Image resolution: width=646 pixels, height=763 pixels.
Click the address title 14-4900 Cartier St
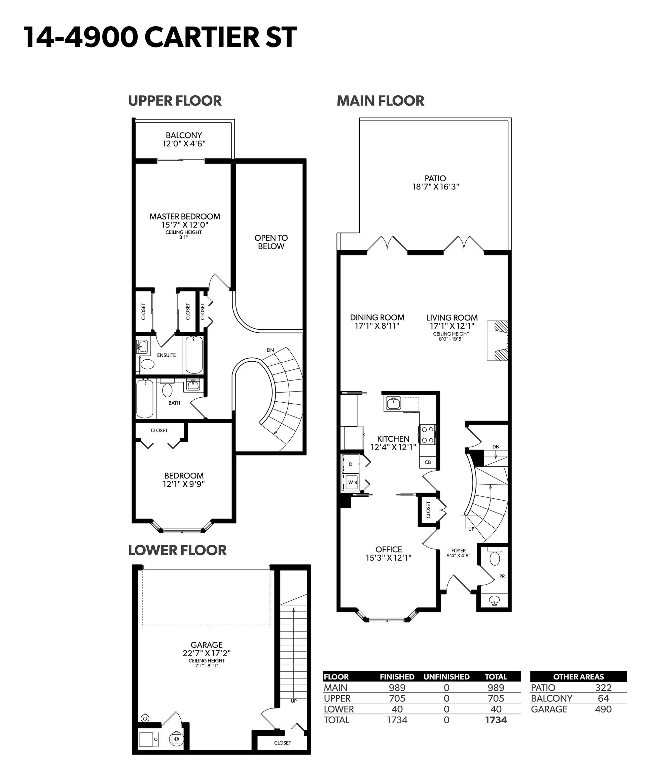pos(160,37)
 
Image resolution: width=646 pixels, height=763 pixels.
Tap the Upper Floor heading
pos(175,101)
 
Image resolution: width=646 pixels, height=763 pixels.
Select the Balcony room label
pos(184,135)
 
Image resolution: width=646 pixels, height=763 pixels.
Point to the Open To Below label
pos(271,242)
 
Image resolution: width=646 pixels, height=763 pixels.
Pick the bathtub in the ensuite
pos(193,354)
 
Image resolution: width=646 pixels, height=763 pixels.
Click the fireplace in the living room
pos(497,341)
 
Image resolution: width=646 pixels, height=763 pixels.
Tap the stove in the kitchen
pos(427,434)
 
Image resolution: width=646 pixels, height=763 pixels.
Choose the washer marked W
pos(351,482)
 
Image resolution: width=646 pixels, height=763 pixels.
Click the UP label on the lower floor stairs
pos(294,701)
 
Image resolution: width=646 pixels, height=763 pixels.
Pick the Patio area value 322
pos(603,688)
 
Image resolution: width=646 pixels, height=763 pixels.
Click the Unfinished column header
pos(446,676)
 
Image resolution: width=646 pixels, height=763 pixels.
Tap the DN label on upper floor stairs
pos(270,350)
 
